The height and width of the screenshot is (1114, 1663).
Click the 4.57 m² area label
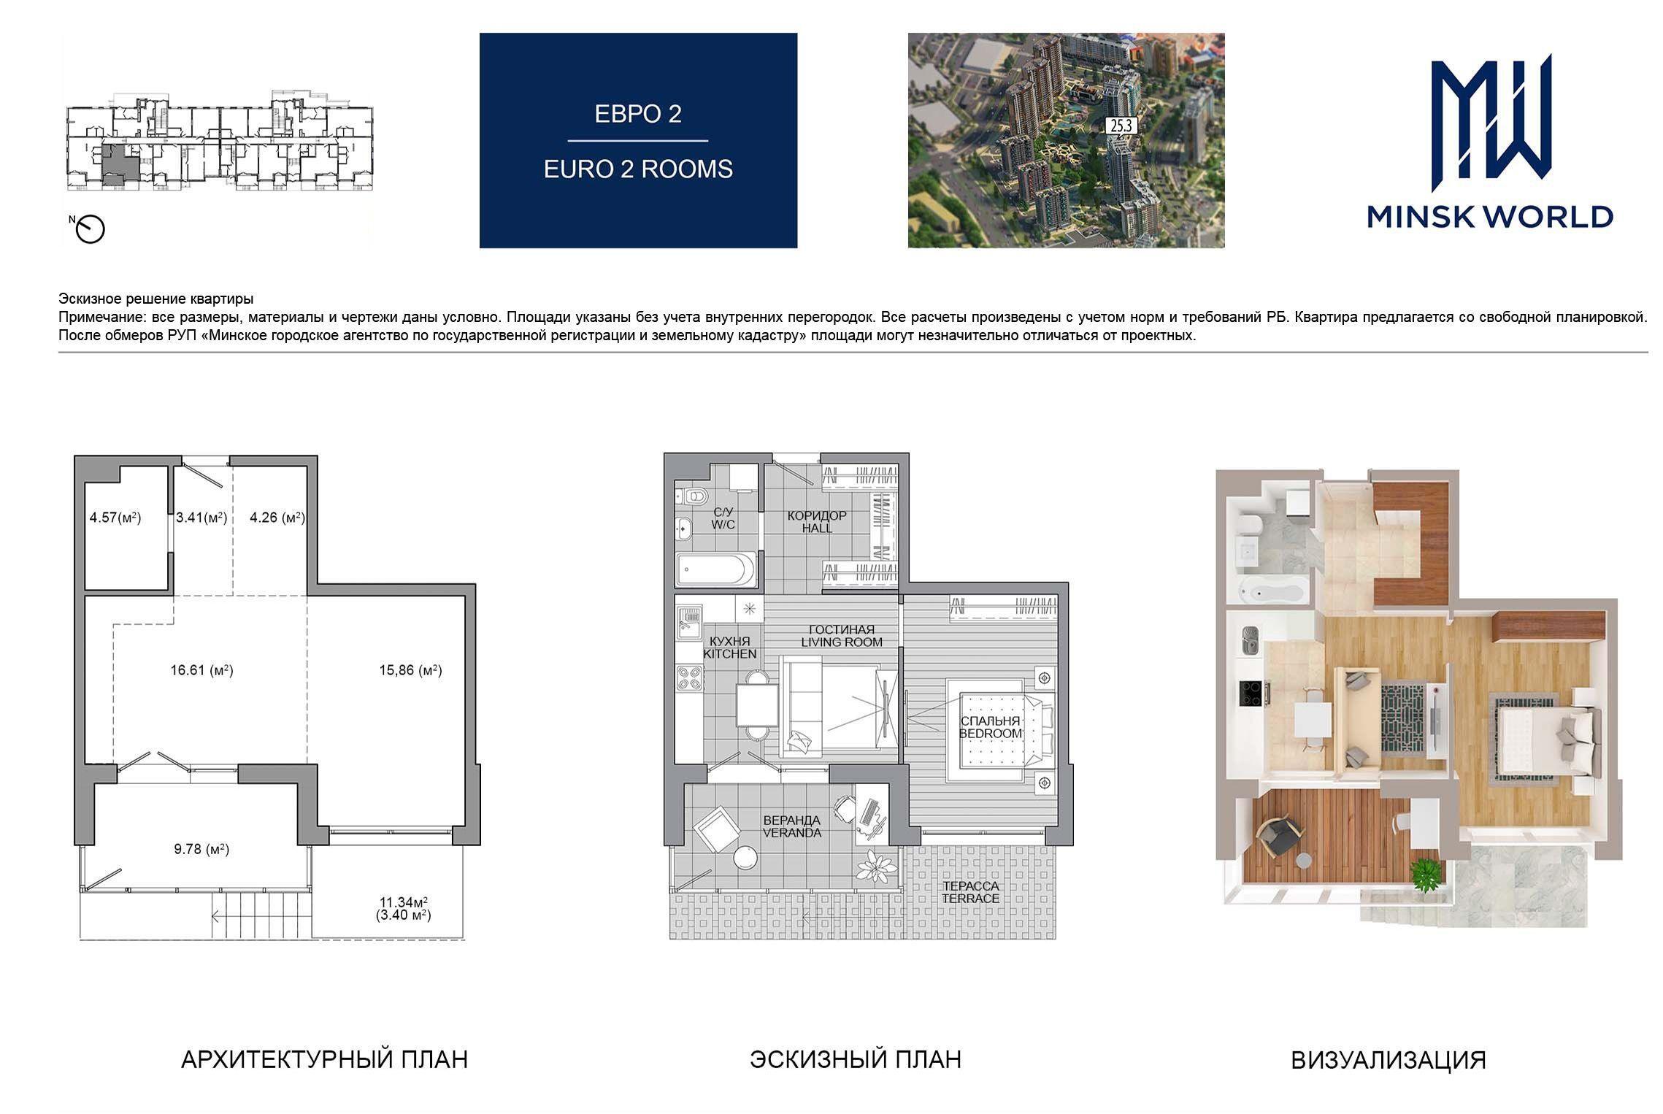click(x=115, y=518)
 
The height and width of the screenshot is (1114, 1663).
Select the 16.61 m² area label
click(x=202, y=669)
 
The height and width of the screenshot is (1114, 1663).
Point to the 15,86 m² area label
click(x=410, y=669)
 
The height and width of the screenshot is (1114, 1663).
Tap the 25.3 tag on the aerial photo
click(x=1121, y=126)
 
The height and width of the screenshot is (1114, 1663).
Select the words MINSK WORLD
click(x=1489, y=217)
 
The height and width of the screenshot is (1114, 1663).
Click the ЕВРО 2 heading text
click(x=638, y=114)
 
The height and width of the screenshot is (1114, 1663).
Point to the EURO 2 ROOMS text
click(x=638, y=169)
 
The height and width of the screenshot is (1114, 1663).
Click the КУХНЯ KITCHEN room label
click(x=729, y=648)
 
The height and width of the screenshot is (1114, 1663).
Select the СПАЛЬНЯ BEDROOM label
click(x=991, y=727)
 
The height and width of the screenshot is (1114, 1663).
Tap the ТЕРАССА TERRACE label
click(x=970, y=892)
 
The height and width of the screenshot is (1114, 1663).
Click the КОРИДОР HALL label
click(x=817, y=521)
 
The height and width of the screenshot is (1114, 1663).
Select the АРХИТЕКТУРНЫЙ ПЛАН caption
click(x=324, y=1059)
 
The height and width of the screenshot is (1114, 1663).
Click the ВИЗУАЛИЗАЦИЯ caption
click(x=1389, y=1060)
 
